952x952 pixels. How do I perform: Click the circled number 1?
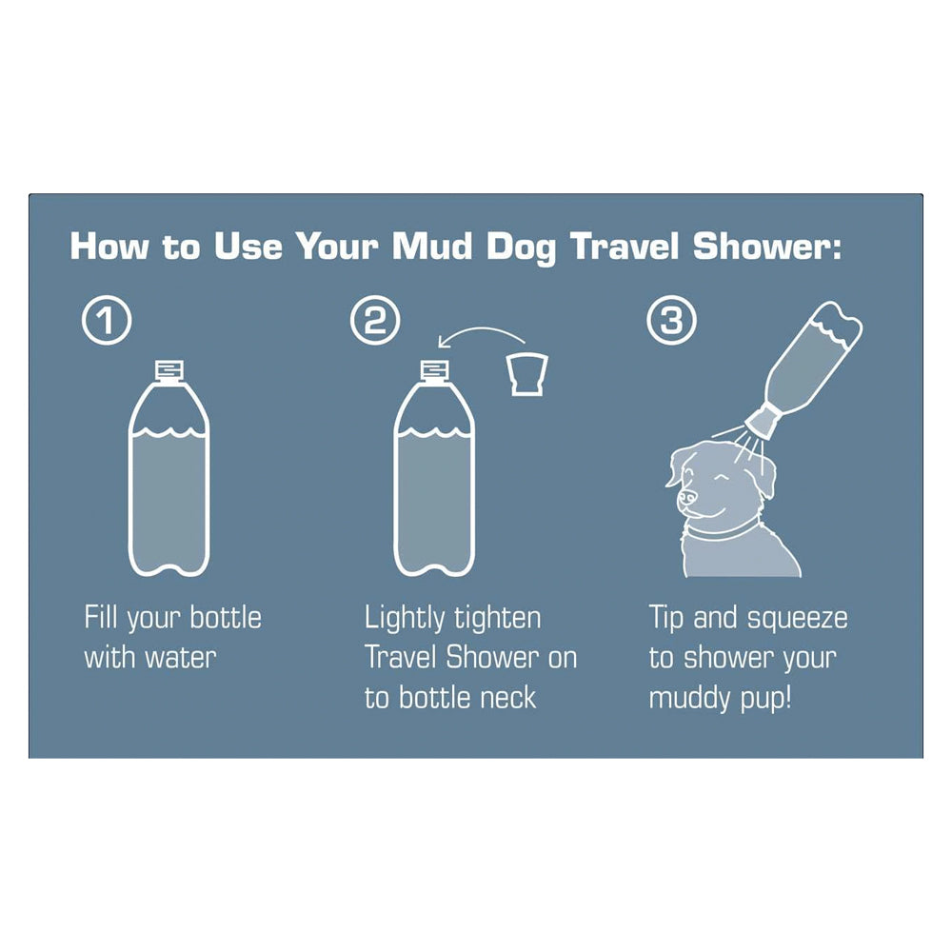[x=107, y=319]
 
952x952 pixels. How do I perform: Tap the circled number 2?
[x=375, y=319]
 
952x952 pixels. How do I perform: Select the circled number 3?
[x=671, y=319]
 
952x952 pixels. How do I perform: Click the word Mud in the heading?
[x=432, y=247]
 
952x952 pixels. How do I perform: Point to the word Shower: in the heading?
[x=767, y=247]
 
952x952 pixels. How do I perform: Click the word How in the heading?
[x=109, y=247]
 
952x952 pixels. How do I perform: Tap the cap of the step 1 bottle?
[x=169, y=369]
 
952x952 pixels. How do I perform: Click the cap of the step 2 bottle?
[x=435, y=369]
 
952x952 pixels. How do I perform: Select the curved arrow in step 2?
[x=481, y=331]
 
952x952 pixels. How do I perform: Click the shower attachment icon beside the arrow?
[x=527, y=373]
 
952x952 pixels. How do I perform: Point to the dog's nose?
[x=686, y=498]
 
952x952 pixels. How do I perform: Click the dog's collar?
[x=722, y=532]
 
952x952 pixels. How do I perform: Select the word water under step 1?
[x=181, y=658]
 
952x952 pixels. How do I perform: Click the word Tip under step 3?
[x=666, y=619]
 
